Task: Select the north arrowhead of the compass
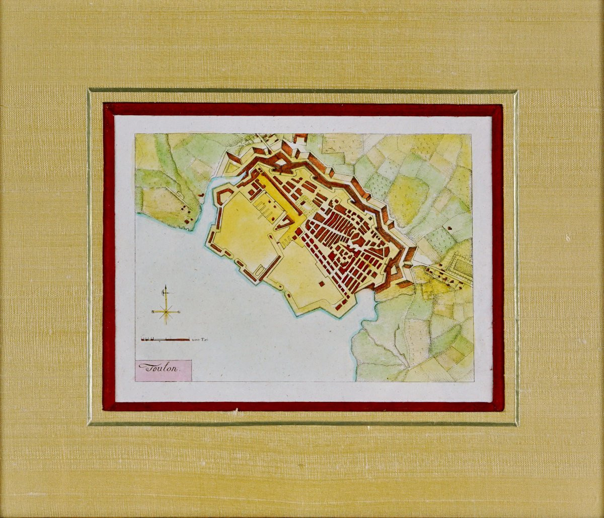[165, 288]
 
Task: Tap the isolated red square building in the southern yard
[321, 284]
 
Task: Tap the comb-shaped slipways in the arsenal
[267, 211]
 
